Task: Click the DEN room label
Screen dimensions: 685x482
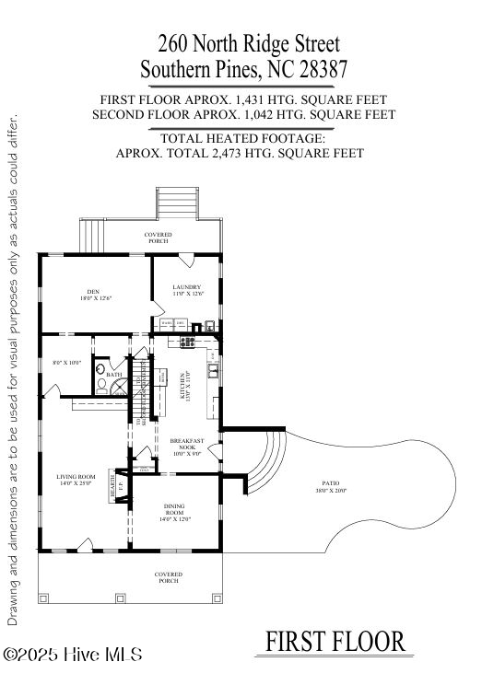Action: [x=87, y=294]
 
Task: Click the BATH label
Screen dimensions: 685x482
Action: [x=114, y=375]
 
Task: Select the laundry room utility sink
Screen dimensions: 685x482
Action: [x=211, y=324]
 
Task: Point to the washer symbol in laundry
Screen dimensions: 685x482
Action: [x=167, y=324]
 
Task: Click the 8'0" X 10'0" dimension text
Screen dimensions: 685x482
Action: [x=66, y=363]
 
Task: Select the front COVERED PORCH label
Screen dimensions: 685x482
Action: [x=169, y=577]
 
